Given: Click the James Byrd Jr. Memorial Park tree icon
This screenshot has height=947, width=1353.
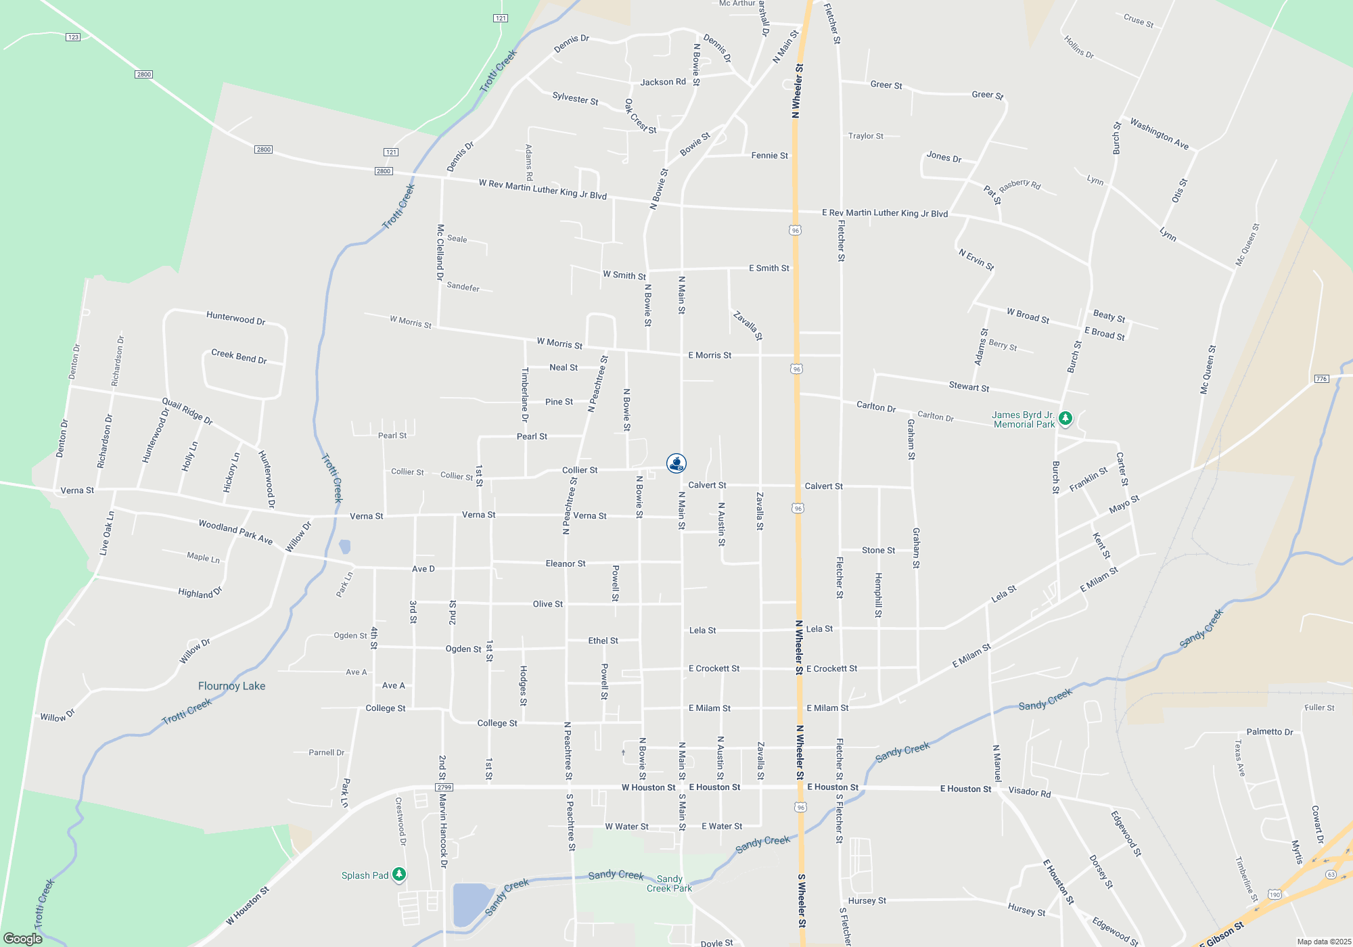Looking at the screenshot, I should [1065, 419].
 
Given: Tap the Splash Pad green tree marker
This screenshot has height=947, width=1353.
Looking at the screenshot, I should [399, 875].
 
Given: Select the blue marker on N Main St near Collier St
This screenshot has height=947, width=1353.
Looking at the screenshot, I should [676, 463].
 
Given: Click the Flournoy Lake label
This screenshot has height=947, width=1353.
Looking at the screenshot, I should [231, 686].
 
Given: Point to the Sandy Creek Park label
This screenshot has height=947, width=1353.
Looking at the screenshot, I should [669, 883].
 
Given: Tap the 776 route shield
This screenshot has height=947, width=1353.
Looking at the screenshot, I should [1321, 378].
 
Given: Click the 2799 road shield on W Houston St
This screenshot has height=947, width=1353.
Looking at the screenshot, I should [444, 787].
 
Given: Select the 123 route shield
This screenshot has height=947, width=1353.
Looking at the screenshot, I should [73, 37].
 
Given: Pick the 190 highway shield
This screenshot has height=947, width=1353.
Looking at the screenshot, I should [1275, 894].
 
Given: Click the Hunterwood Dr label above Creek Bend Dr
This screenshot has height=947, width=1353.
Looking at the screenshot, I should [235, 319].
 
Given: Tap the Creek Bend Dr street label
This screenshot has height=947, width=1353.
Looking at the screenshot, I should [239, 356].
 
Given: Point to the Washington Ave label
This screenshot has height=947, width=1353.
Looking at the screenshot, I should [1159, 134].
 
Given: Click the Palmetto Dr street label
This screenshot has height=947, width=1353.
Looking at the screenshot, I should [1269, 732].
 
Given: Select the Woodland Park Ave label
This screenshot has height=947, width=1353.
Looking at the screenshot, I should [235, 532].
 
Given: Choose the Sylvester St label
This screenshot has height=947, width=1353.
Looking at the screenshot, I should [575, 99].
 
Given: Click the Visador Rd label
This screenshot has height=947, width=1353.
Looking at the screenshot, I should [1030, 791].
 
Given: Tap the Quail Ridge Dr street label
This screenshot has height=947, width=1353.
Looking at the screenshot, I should [187, 412].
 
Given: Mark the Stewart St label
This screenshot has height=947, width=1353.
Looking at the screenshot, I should [969, 387].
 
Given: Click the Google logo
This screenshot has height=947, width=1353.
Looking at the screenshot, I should [23, 938].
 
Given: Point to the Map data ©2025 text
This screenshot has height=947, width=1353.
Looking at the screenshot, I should [1324, 942].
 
